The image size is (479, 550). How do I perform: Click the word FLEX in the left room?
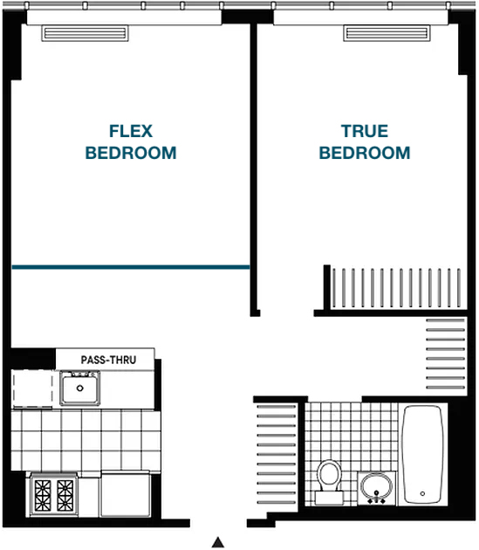tap(131, 131)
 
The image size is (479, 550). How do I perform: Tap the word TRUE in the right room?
tap(365, 131)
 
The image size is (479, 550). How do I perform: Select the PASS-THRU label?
tap(108, 360)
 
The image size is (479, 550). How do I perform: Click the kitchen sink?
tap(80, 388)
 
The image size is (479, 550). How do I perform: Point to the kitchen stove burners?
tap(54, 495)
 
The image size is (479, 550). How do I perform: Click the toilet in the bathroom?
tap(329, 482)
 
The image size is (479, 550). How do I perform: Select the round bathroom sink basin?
tap(377, 486)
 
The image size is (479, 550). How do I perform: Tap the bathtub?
tap(423, 455)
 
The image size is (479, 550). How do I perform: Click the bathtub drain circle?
tap(422, 493)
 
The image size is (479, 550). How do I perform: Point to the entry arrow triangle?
tap(218, 542)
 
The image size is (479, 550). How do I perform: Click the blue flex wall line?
tap(131, 267)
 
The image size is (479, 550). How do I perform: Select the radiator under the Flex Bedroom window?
tap(85, 33)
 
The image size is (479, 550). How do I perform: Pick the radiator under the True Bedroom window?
tap(387, 33)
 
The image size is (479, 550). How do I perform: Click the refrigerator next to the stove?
tap(126, 494)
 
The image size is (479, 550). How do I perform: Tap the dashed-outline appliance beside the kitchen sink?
tap(32, 388)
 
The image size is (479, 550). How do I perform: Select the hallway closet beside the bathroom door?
tap(446, 354)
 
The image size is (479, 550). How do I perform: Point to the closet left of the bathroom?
tap(277, 455)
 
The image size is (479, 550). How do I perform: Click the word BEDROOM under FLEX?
tap(131, 153)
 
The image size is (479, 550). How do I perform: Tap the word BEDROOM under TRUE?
tap(365, 153)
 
